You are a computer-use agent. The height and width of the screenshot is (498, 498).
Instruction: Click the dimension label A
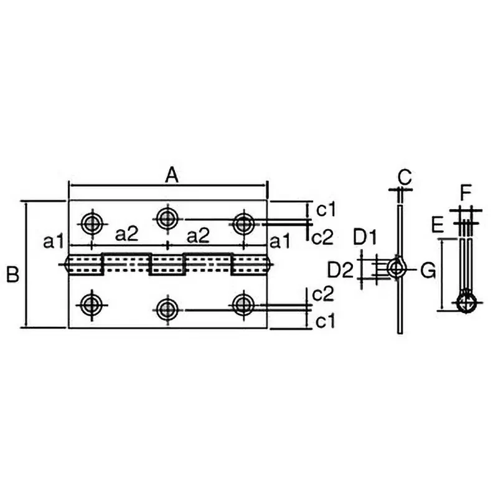point(172,176)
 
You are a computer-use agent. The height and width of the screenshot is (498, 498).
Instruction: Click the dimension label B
point(12,275)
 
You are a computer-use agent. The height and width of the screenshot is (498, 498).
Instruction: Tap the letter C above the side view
point(405,177)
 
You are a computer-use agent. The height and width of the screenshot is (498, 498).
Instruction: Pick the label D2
point(341,271)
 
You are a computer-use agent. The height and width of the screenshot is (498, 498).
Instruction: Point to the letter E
point(438,225)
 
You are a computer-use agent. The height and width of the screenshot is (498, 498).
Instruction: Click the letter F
point(465,194)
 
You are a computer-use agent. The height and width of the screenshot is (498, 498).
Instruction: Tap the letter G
point(428,271)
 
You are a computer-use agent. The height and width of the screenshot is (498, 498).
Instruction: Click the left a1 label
point(54,242)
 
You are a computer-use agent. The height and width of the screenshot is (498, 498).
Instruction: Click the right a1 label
point(280,242)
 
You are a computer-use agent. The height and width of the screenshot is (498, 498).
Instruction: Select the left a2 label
point(127,235)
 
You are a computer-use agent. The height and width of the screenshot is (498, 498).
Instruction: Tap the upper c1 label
point(326,210)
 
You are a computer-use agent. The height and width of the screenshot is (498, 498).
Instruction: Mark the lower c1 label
point(326,321)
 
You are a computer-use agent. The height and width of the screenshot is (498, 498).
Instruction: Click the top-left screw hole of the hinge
point(92,223)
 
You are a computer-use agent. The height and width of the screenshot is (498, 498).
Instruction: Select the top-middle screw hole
point(167,218)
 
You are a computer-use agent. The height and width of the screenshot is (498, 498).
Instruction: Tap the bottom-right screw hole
point(243,304)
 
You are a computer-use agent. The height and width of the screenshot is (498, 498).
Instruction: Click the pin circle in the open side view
point(397,268)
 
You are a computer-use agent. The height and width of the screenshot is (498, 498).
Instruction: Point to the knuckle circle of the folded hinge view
point(466,302)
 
